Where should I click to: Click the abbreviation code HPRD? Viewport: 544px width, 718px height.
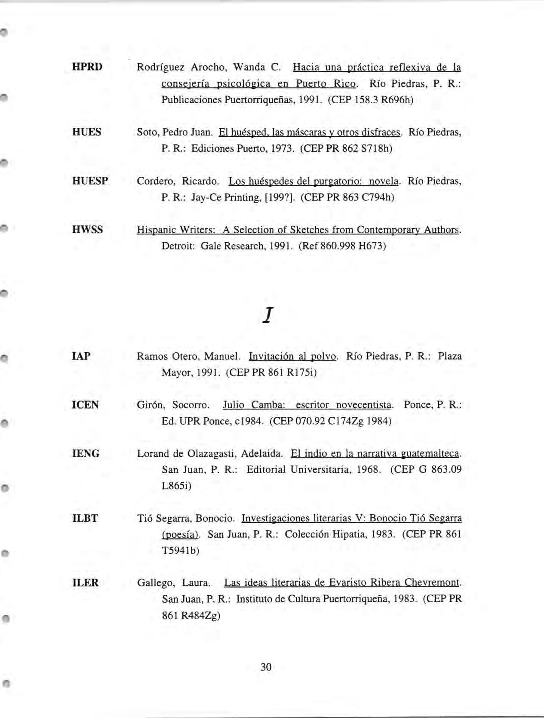(87, 67)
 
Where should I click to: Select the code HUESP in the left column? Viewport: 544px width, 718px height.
(90, 181)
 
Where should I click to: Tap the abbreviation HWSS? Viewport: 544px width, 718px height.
(87, 230)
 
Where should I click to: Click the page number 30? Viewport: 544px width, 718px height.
(266, 667)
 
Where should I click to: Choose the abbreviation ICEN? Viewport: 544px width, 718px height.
(85, 405)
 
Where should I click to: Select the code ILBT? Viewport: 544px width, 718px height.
(85, 518)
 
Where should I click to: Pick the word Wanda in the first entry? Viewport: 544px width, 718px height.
(249, 67)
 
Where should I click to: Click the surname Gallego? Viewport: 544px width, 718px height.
(152, 583)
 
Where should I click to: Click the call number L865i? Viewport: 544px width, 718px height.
(176, 486)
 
